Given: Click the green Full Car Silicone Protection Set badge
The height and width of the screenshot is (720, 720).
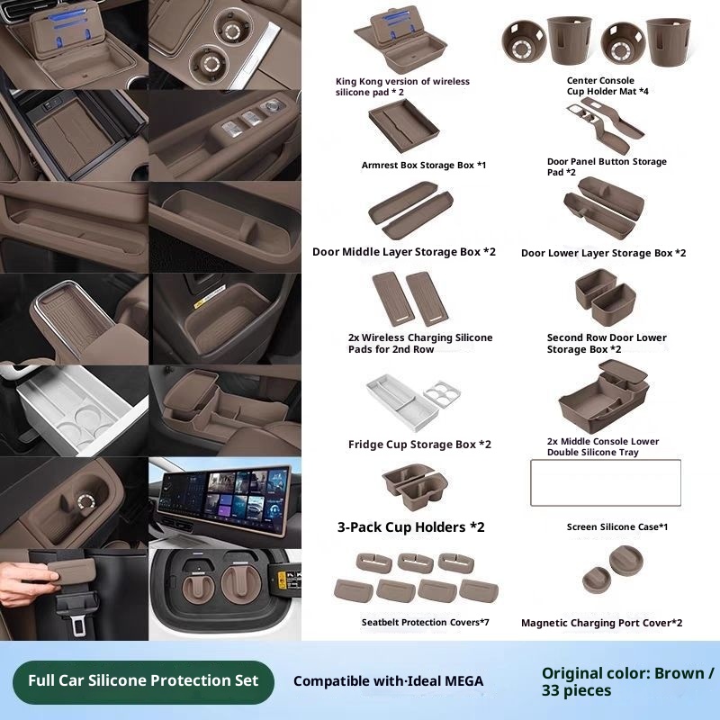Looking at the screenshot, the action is tap(143, 681).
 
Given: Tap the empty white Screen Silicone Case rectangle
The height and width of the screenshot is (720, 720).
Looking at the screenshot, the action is tap(605, 482).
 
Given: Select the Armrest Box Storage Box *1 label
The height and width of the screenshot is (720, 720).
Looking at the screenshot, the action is tap(423, 166).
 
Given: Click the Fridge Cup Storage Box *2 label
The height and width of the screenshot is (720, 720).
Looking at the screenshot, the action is tap(419, 445).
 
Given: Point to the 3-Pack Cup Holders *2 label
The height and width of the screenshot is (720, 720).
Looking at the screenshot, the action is tap(411, 527).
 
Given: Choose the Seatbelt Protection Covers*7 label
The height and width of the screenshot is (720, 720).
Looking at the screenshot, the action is tap(425, 622).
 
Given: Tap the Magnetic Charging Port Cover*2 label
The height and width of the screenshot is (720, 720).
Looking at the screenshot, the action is tap(601, 623).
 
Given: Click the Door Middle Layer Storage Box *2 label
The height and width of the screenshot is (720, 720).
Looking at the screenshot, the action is tap(404, 252).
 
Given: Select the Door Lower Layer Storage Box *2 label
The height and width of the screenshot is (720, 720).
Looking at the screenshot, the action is tap(603, 253).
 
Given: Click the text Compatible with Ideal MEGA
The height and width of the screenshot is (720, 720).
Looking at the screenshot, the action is tap(389, 681).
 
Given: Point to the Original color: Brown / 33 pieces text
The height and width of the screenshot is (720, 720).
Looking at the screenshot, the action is tap(627, 682).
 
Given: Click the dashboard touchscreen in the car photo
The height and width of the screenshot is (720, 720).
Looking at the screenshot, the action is tap(224, 499).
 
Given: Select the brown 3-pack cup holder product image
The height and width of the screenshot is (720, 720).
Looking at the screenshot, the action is tap(415, 486).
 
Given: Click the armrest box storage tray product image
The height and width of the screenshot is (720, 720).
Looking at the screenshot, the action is tap(403, 125).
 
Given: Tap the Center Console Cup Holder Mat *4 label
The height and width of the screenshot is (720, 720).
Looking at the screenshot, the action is tap(607, 85).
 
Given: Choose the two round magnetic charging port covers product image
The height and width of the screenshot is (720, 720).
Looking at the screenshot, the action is tap(613, 569).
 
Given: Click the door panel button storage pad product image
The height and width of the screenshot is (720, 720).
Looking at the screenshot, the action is tap(605, 125).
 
